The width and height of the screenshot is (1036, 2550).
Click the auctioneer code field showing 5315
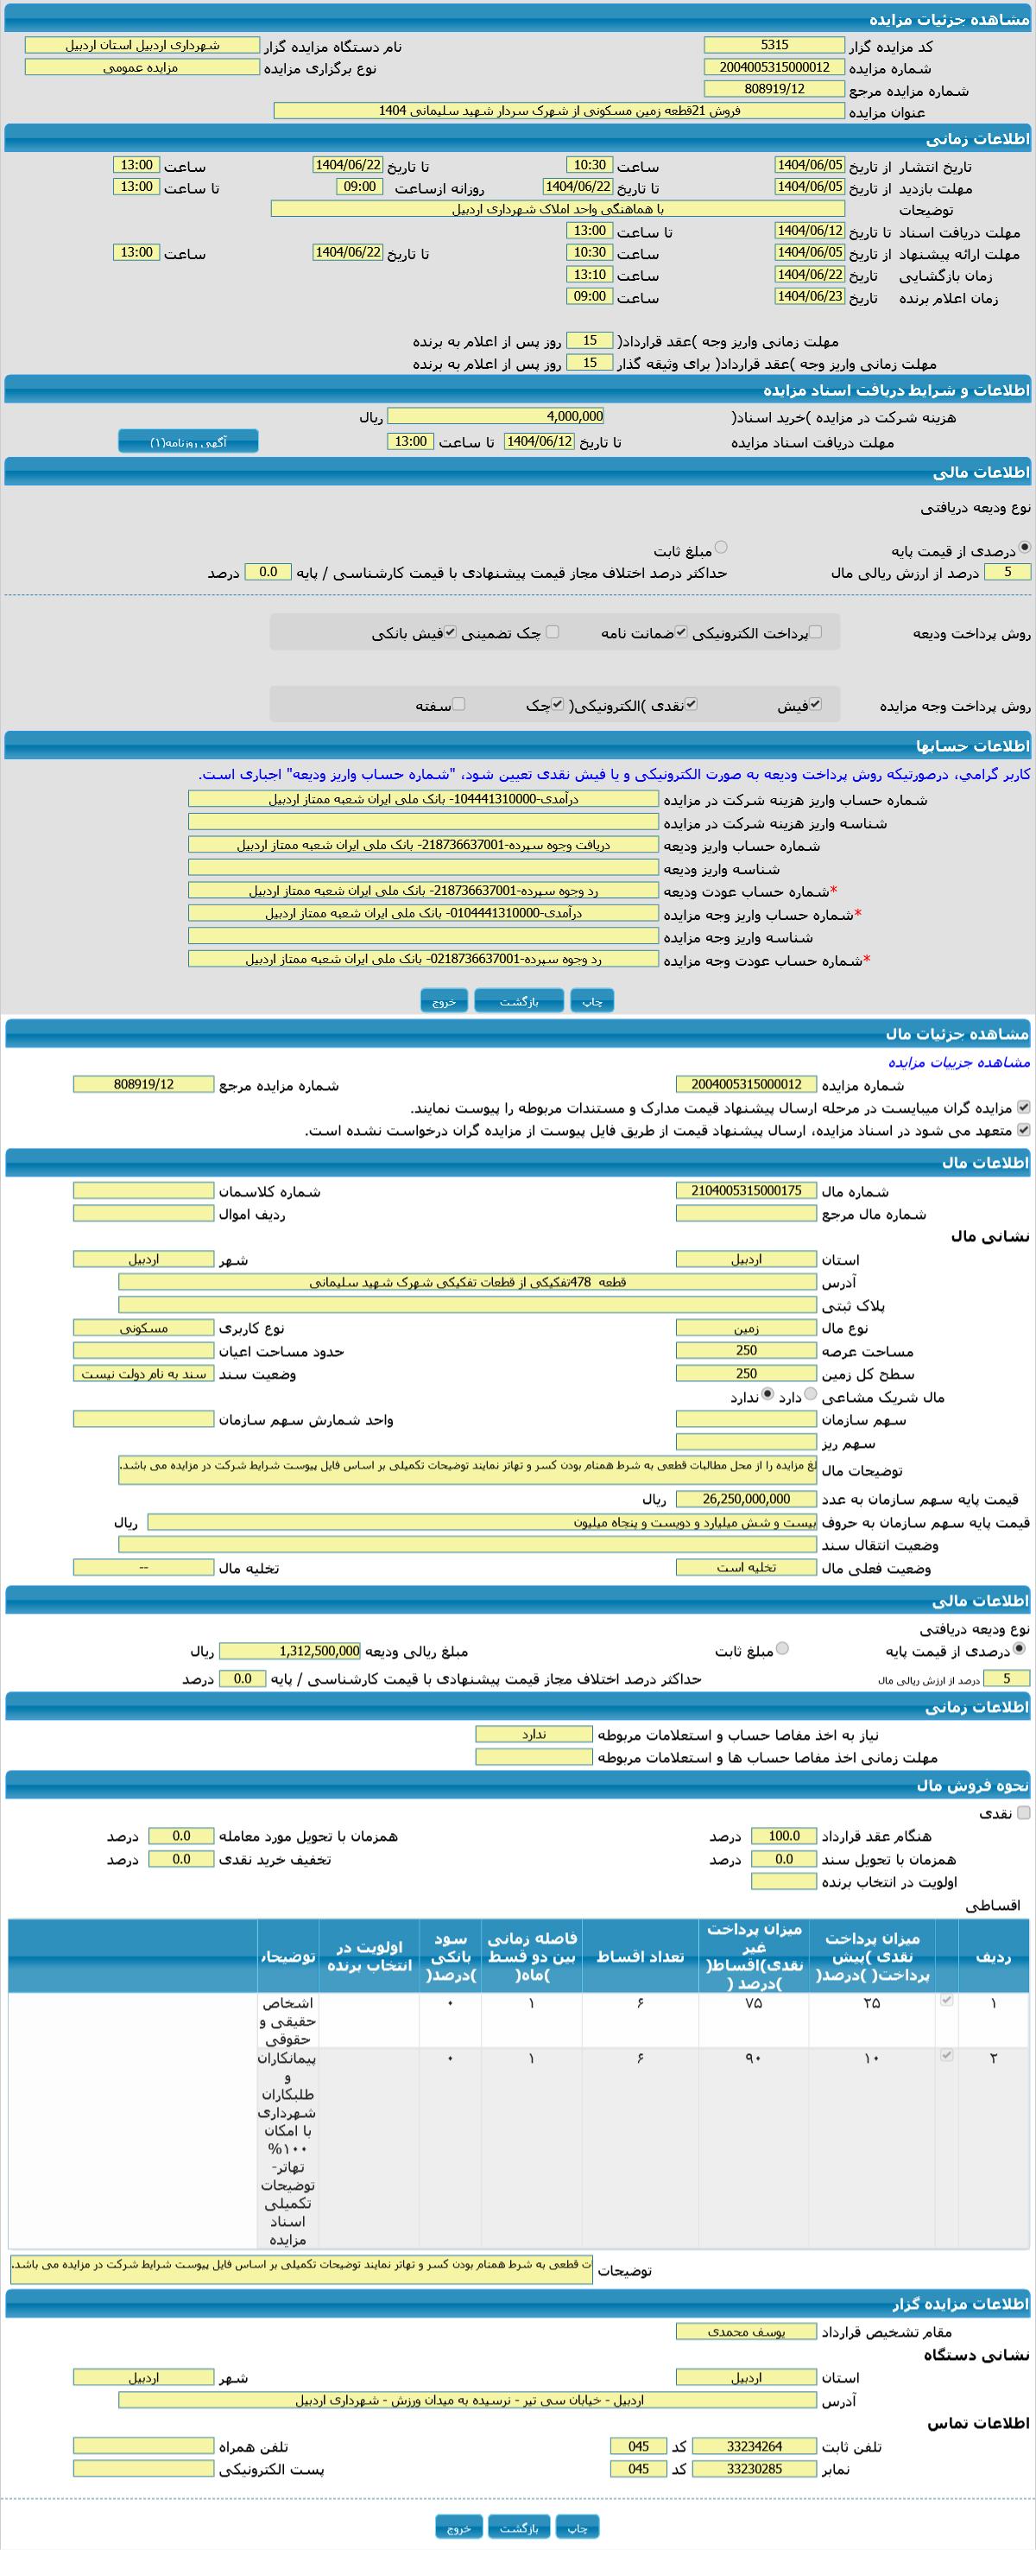774,46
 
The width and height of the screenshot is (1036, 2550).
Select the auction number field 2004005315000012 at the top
774,67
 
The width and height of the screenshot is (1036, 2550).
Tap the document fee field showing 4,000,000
495,416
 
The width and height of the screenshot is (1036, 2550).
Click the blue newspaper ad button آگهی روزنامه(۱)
188,441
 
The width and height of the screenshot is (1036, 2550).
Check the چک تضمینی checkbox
553,631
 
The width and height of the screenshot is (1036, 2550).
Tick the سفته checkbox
458,704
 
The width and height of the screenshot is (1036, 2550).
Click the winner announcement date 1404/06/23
810,296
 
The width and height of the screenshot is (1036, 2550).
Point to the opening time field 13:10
590,274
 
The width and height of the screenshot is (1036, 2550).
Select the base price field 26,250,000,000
746,1499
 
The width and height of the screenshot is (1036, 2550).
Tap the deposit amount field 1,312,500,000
290,1651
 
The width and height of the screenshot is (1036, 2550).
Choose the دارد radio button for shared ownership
812,1395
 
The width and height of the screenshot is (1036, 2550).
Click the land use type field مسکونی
143,1328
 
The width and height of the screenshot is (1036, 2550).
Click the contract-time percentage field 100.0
784,1836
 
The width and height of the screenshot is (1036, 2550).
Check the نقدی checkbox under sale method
1023,1812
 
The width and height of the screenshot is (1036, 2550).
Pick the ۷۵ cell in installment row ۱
753,2002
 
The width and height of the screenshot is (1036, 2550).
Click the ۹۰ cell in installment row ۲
753,2058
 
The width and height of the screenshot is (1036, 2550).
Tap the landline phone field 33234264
754,2446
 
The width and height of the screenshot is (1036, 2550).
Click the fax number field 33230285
754,2469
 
